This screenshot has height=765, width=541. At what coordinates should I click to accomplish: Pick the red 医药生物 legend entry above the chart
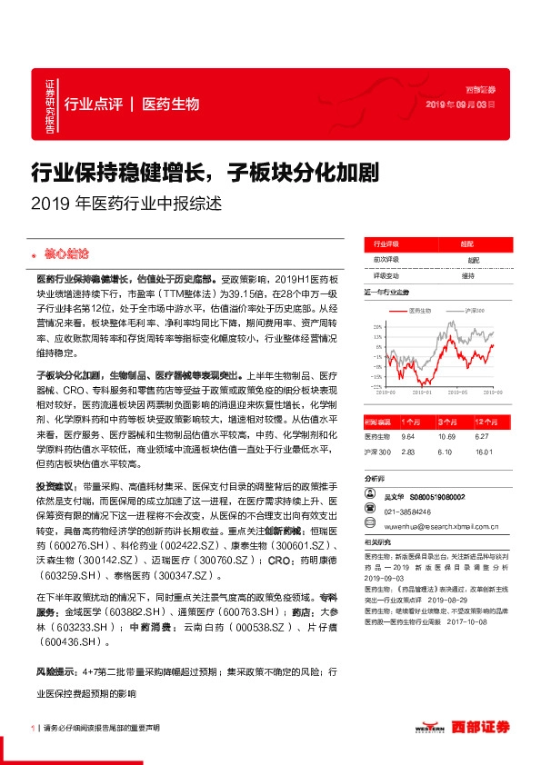click(x=419, y=311)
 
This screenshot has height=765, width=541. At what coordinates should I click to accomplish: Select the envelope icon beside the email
click(x=369, y=523)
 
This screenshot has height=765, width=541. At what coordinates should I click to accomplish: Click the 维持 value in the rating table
click(x=467, y=275)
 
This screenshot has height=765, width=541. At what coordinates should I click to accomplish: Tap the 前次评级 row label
click(x=386, y=260)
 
